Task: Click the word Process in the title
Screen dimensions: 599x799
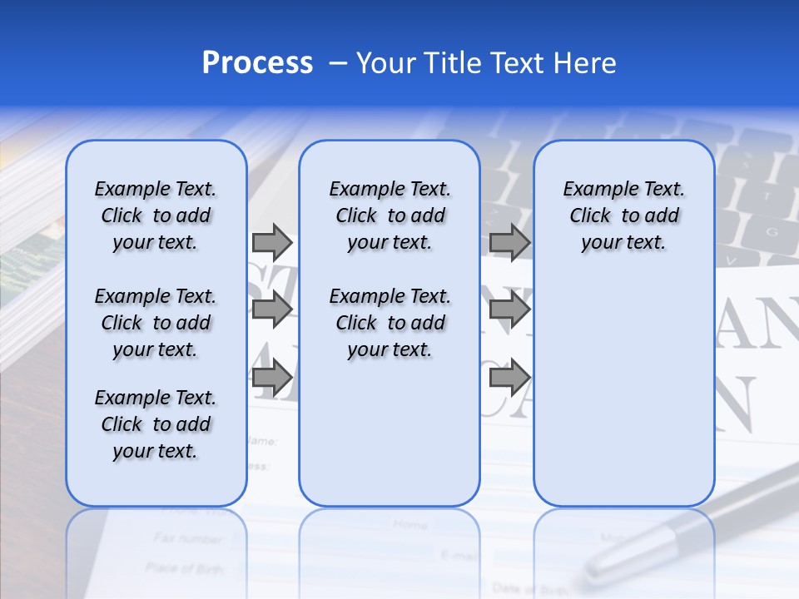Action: (x=257, y=63)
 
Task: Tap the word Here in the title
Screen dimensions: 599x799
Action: (x=586, y=63)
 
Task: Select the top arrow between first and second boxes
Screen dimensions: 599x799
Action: (x=271, y=242)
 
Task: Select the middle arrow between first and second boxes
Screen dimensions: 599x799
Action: (x=271, y=310)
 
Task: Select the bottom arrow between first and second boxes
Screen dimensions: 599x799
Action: (x=271, y=378)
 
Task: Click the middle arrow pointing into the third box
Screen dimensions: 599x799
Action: (x=509, y=310)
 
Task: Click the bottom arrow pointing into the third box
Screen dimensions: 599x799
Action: (x=509, y=378)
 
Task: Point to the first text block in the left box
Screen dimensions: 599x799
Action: (x=156, y=215)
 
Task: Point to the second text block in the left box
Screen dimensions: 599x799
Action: (x=156, y=323)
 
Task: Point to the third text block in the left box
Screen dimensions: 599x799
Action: (x=156, y=424)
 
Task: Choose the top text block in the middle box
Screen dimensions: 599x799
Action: (x=390, y=215)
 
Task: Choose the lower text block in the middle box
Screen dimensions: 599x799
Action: (x=390, y=323)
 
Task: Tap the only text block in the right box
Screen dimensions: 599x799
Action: (x=623, y=215)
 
